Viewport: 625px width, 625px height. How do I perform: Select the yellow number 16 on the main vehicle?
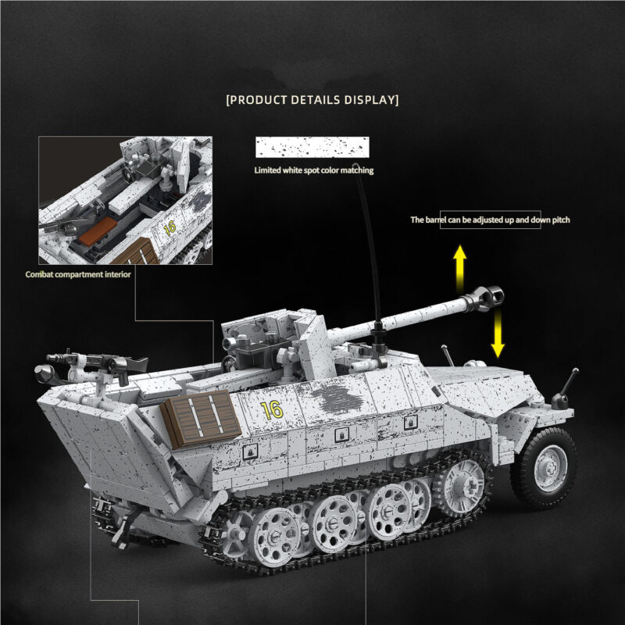(x=271, y=409)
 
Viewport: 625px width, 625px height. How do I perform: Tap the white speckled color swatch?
(x=312, y=148)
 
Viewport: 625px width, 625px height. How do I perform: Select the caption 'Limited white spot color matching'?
(x=313, y=170)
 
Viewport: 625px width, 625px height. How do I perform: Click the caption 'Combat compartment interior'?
(x=78, y=274)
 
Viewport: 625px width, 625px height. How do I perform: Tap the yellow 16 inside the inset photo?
(x=170, y=227)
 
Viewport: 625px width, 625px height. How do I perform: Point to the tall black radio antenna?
(x=367, y=234)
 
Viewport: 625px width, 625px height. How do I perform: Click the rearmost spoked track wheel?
(x=275, y=533)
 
